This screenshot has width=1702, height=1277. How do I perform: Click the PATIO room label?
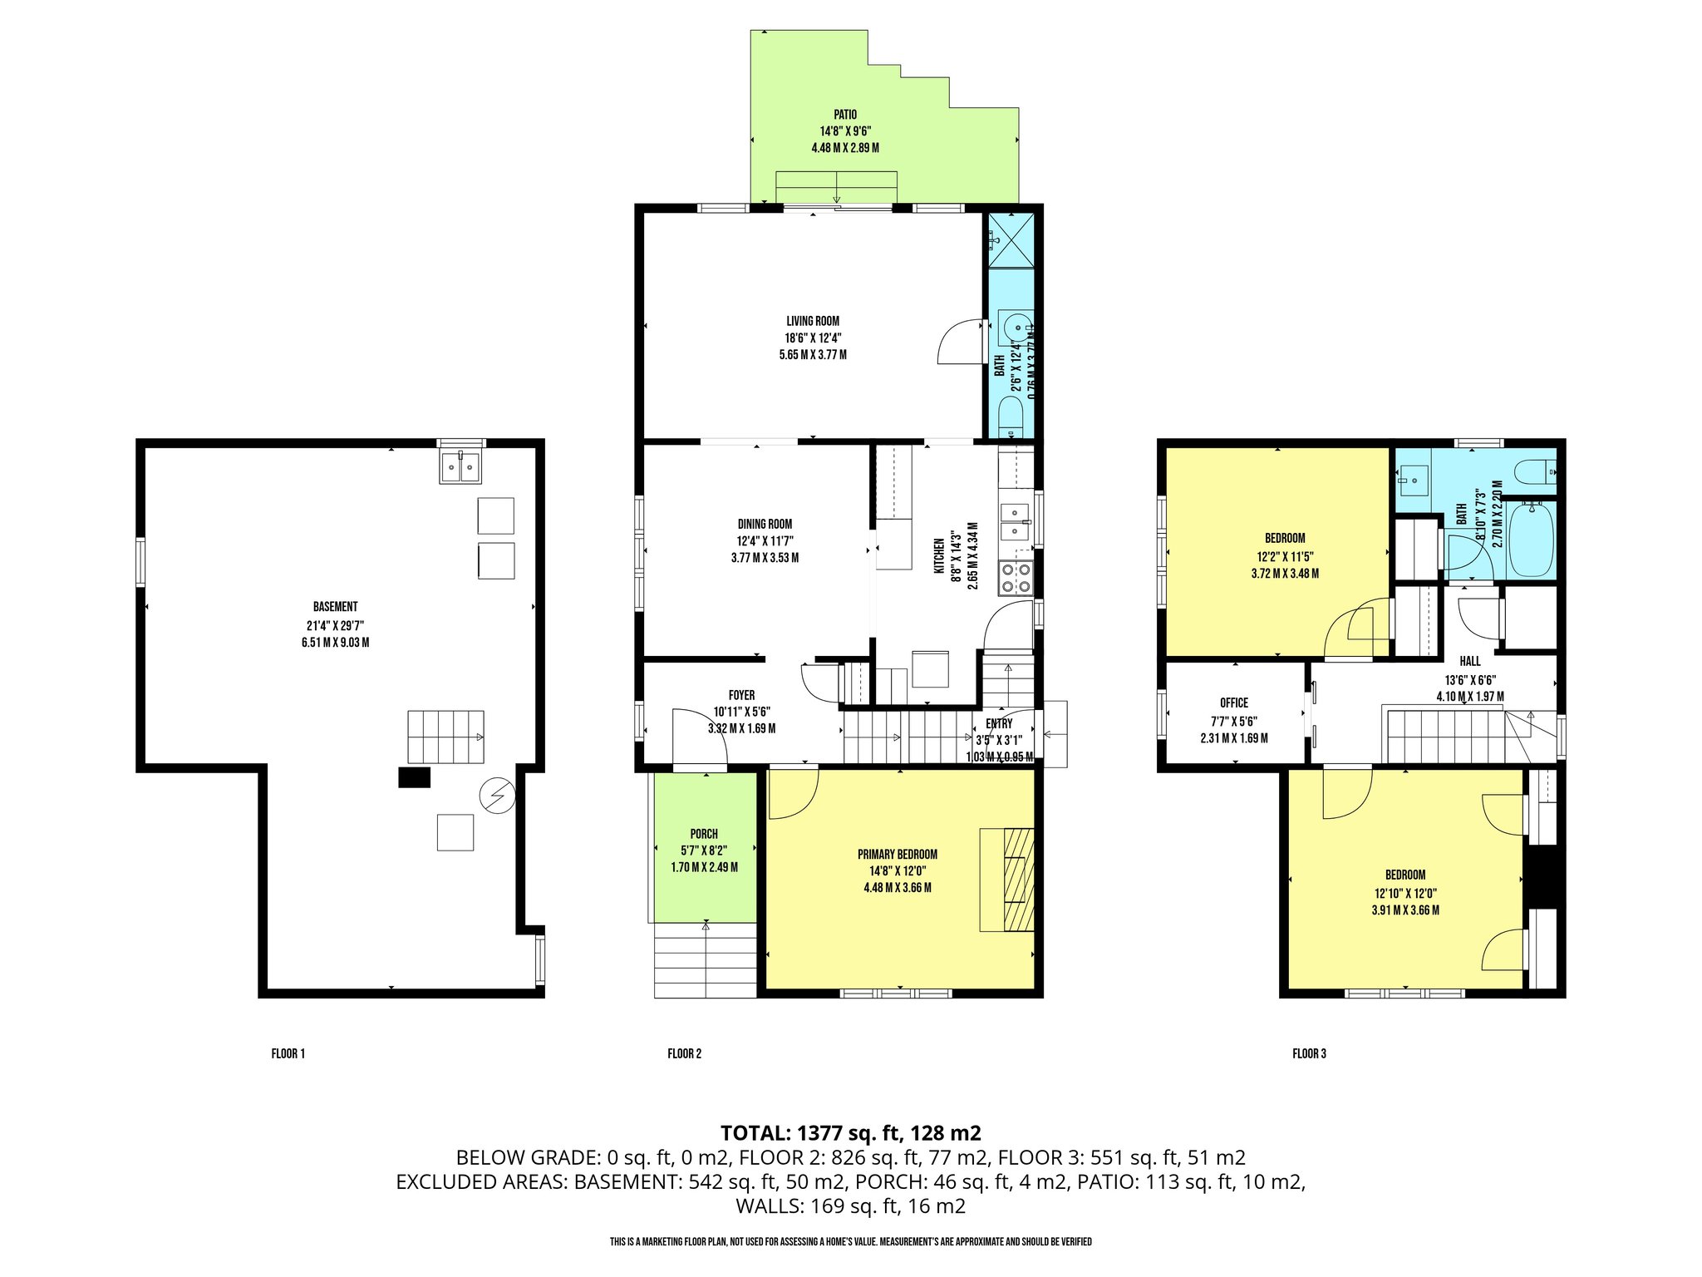point(845,116)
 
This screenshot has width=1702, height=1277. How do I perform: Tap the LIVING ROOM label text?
point(813,322)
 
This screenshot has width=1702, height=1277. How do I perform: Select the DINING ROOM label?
point(765,525)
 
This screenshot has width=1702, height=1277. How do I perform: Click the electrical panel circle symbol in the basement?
point(497,796)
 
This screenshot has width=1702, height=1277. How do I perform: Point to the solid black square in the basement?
point(414,777)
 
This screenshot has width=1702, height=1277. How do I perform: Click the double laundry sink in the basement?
point(460,467)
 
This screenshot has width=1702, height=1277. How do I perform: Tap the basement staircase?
point(445,737)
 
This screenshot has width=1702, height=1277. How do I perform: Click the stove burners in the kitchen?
point(1016,579)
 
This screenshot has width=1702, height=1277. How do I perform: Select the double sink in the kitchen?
point(1015,522)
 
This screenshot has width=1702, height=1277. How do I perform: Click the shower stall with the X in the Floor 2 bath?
point(1011,240)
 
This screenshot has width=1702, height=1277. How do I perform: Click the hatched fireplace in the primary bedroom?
point(1019,880)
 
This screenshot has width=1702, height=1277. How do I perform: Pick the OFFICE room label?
point(1234,703)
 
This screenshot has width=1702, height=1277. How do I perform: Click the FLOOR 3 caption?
point(1309,1054)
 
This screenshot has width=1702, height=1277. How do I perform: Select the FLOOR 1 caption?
point(288,1054)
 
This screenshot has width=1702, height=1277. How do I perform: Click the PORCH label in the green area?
point(704,834)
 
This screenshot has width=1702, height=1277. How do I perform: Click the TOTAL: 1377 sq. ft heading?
point(850,1133)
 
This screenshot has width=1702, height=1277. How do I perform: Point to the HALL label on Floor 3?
point(1470,662)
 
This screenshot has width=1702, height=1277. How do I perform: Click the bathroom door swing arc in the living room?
point(959,343)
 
